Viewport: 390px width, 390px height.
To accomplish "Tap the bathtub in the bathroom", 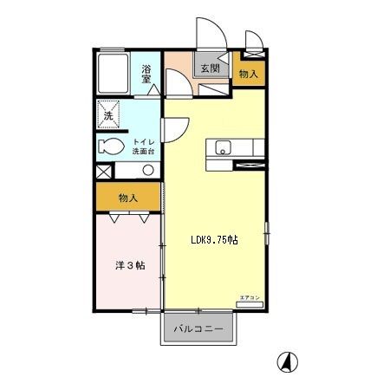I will pos(114,75).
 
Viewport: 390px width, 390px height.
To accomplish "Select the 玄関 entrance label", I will pos(210,68).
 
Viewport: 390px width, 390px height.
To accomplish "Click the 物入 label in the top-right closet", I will pos(249,75).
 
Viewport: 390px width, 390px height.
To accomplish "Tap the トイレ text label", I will pos(144,142).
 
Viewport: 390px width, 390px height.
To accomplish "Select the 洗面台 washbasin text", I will pos(144,152).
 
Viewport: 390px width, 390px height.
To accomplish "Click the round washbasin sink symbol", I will pos(147,170).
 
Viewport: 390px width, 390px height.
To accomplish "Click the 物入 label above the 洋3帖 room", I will pos(128,198).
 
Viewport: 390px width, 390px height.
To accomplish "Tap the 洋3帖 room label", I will pos(128,265).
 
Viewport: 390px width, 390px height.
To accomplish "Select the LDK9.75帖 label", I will pos(214,241).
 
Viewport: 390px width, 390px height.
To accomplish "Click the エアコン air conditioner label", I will pos(249,298).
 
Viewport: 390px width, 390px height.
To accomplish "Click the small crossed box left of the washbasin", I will pos(104,171).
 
